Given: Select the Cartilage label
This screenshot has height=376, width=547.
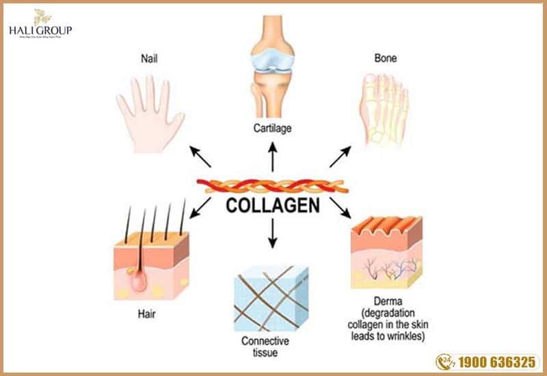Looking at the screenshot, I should pyautogui.click(x=273, y=127).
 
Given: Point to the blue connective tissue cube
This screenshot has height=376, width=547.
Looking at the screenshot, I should pyautogui.click(x=268, y=298).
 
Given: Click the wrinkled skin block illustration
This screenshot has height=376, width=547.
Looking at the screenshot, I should pyautogui.click(x=386, y=250).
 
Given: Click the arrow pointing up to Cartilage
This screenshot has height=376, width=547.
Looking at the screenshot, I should pyautogui.click(x=273, y=157).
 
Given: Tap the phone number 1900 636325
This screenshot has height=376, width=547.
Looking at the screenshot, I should pyautogui.click(x=497, y=360).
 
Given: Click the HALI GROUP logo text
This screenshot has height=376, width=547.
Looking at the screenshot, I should pyautogui.click(x=40, y=31).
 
